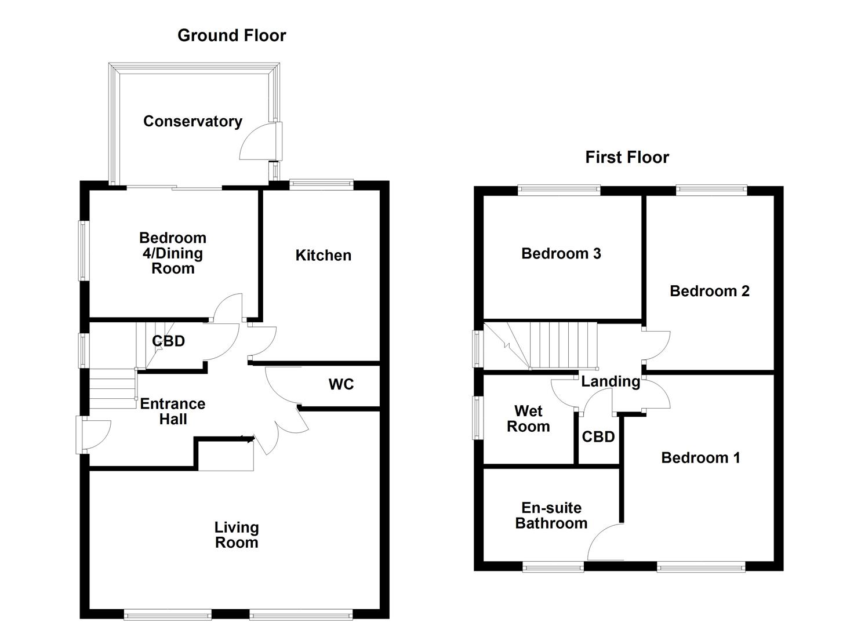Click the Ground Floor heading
[x=231, y=35]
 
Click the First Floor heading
[x=627, y=157]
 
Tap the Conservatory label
[x=192, y=121]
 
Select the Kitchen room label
[x=323, y=255]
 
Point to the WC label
[x=341, y=384]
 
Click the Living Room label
[x=237, y=535]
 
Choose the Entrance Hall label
[x=173, y=412]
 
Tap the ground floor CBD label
[x=168, y=341]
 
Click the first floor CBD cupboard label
[x=598, y=436]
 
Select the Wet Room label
[x=528, y=419]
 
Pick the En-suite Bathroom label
[x=551, y=515]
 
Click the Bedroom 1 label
[x=700, y=458]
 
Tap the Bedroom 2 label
[x=709, y=291]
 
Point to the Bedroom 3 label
[x=561, y=253]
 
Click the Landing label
[x=611, y=381]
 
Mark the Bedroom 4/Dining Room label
[x=173, y=253]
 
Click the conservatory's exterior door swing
[x=258, y=142]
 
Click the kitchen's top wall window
[x=321, y=184]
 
